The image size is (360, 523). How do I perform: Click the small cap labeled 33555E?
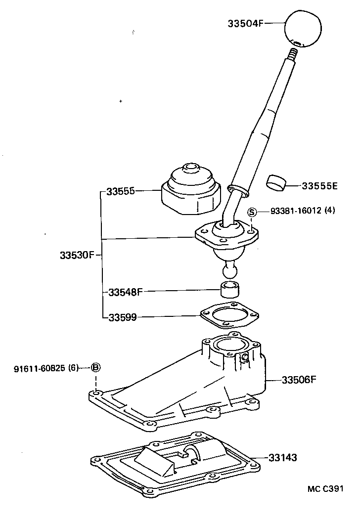(x=277, y=182)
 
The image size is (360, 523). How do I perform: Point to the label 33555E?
(x=319, y=186)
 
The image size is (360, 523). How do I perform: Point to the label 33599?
(x=123, y=317)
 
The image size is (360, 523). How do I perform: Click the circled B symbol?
(x=96, y=367)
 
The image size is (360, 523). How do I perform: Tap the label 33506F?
(x=299, y=380)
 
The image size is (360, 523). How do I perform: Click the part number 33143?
(x=283, y=458)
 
